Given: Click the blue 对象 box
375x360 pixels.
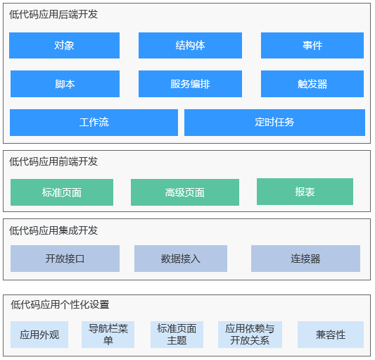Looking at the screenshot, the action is pyautogui.click(x=64, y=46).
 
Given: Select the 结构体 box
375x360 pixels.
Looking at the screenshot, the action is pyautogui.click(x=190, y=46).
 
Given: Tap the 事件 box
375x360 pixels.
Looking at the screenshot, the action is pyautogui.click(x=312, y=46).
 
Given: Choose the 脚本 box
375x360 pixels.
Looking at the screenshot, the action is pyautogui.click(x=65, y=84).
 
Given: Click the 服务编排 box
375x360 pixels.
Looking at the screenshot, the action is pyautogui.click(x=190, y=84).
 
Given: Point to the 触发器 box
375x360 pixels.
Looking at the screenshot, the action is pyautogui.click(x=312, y=84).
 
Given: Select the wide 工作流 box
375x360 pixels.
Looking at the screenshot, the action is pyautogui.click(x=94, y=123).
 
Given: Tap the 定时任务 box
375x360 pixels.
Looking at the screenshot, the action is pyautogui.click(x=274, y=123).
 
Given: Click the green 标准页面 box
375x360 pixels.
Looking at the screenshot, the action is pyautogui.click(x=62, y=192).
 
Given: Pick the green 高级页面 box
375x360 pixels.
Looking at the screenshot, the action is pyautogui.click(x=185, y=192).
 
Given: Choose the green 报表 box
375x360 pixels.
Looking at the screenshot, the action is pyautogui.click(x=305, y=192).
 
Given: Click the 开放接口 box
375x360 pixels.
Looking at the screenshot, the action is pyautogui.click(x=65, y=259).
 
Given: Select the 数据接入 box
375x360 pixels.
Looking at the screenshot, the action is pyautogui.click(x=181, y=259).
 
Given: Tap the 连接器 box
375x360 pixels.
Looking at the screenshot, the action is pyautogui.click(x=305, y=259).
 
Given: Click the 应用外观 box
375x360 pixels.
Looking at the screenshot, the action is pyautogui.click(x=39, y=335).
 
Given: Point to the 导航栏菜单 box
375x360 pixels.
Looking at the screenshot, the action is pyautogui.click(x=108, y=335).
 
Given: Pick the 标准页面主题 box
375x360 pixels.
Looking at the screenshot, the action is pyautogui.click(x=177, y=335).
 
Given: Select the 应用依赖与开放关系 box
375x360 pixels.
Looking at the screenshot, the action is pyautogui.click(x=250, y=335).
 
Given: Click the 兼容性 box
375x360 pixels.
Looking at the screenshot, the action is pyautogui.click(x=331, y=335).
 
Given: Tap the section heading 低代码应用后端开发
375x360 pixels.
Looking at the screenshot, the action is pyautogui.click(x=53, y=14).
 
